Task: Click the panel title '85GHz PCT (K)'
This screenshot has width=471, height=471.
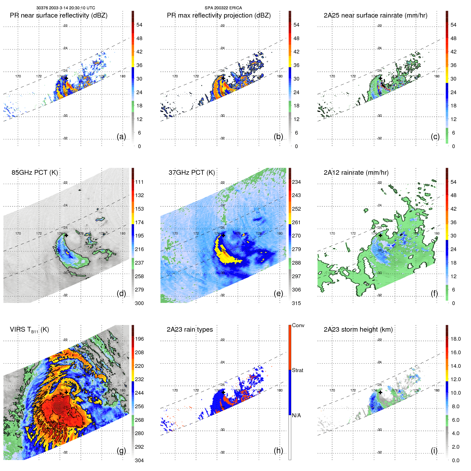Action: pos(35,173)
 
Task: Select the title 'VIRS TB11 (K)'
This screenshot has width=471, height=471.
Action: pos(29,330)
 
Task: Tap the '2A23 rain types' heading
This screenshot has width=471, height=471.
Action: pos(190,330)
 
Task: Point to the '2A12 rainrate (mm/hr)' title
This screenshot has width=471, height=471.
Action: pos(356,173)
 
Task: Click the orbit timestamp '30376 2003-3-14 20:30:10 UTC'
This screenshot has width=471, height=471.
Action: pos(65,8)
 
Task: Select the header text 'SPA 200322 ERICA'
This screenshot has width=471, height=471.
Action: pos(223,8)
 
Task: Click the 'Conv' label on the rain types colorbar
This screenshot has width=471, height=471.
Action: pos(298,325)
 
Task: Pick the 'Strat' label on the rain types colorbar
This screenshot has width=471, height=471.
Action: pos(297,370)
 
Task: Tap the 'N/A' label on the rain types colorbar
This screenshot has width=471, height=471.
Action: pos(296,415)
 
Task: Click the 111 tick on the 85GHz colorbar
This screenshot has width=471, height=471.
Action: pos(139,182)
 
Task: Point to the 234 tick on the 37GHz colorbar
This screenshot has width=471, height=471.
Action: pos(296,182)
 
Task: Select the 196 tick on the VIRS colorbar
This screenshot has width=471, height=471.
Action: pos(139,339)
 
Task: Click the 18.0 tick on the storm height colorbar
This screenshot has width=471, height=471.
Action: pos(455,339)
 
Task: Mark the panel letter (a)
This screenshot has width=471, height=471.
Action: pos(121,136)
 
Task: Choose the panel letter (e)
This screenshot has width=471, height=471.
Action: pos(278,293)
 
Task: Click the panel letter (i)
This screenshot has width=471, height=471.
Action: pos(434,451)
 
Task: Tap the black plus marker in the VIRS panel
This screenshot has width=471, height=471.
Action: pos(66,392)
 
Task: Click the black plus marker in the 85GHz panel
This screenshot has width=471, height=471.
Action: pos(66,235)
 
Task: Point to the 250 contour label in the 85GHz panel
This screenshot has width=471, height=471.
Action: pos(56,250)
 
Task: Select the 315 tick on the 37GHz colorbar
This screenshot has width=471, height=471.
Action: pos(296,303)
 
